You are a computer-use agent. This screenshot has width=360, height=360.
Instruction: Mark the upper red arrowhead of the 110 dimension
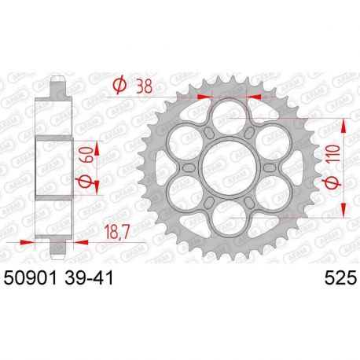[x=344, y=124]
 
